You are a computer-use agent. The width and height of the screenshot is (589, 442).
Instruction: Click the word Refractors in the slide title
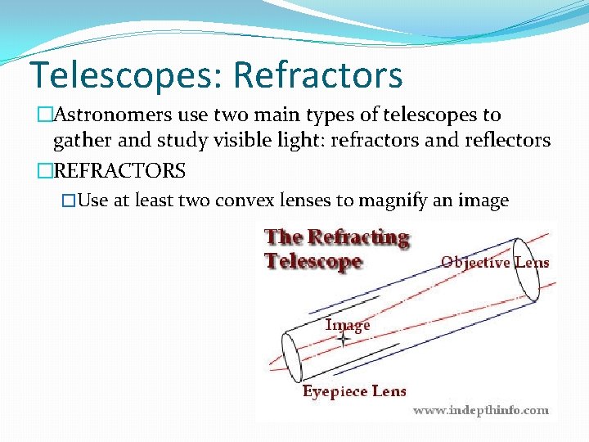pos(317,74)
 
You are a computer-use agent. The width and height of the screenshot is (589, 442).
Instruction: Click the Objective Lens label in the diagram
pos(495,263)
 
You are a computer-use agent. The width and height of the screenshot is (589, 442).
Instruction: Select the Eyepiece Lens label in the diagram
pos(354,391)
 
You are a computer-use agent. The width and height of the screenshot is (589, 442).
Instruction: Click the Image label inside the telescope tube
pos(348,325)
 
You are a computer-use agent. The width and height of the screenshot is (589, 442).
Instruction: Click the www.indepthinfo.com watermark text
pos(481,410)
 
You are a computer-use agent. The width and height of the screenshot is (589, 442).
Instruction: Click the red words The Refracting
pos(336,237)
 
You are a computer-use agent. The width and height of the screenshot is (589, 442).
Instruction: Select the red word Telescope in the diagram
pos(312,261)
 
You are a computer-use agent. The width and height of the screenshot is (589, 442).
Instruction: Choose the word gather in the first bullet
pos(80,141)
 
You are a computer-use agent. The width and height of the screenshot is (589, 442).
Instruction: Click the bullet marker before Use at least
pos(70,201)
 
